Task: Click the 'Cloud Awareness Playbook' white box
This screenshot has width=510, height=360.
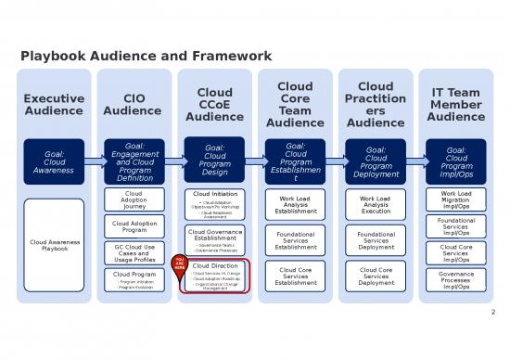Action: [54, 245]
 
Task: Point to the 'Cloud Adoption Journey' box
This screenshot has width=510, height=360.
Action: [134, 200]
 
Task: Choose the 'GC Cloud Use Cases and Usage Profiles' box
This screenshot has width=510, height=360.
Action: [134, 252]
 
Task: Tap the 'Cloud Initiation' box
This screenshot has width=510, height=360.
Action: [215, 203]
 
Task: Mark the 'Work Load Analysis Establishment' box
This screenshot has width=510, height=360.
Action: [295, 204]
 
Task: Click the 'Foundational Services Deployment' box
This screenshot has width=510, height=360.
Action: [376, 240]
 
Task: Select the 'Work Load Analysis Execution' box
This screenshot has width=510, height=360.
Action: [376, 204]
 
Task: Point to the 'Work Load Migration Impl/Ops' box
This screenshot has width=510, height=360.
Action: [455, 199]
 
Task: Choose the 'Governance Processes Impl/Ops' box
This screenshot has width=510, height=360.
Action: [455, 279]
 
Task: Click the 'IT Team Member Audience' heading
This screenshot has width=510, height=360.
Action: [455, 103]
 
